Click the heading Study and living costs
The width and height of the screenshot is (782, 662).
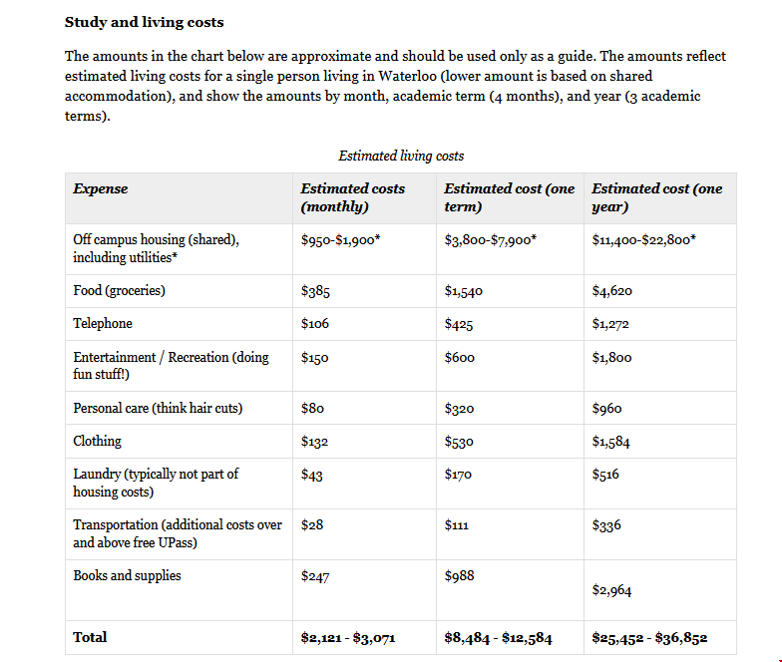pyautogui.click(x=144, y=22)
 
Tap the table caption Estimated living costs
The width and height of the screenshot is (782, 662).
pyautogui.click(x=401, y=156)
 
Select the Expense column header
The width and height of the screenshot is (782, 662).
pyautogui.click(x=101, y=188)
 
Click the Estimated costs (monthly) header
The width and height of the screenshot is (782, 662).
pyautogui.click(x=353, y=197)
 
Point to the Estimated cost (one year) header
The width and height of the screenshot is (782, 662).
pyautogui.click(x=656, y=197)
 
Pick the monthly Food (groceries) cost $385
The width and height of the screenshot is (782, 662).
pyautogui.click(x=315, y=291)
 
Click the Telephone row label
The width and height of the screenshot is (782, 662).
pyautogui.click(x=103, y=324)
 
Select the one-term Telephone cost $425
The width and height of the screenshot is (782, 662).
pyautogui.click(x=459, y=325)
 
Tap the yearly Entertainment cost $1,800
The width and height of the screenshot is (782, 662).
pyautogui.click(x=611, y=358)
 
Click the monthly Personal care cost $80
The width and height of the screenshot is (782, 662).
pyautogui.click(x=312, y=409)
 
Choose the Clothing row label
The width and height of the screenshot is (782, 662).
pyautogui.click(x=97, y=441)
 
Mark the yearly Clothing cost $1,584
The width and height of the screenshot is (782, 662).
pyautogui.click(x=611, y=442)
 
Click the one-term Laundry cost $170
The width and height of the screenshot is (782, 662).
pyautogui.click(x=458, y=475)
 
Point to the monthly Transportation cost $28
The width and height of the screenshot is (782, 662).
pyautogui.click(x=312, y=524)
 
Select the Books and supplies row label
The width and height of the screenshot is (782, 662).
pyautogui.click(x=127, y=575)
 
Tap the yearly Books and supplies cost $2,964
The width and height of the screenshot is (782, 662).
pyautogui.click(x=611, y=590)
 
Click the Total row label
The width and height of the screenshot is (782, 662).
pyautogui.click(x=90, y=637)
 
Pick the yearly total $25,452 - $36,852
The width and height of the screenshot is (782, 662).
pyautogui.click(x=649, y=638)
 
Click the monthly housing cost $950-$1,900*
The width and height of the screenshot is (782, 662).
pyautogui.click(x=340, y=240)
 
